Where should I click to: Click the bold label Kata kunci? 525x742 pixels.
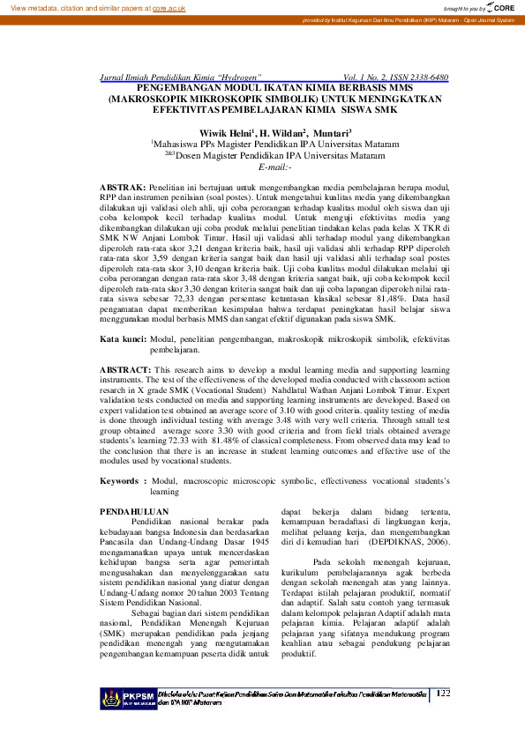point(123,338)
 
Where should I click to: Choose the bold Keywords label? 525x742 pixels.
point(122,481)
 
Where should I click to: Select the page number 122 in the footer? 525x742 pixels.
point(443,694)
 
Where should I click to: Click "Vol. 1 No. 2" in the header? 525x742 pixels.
point(368,78)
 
